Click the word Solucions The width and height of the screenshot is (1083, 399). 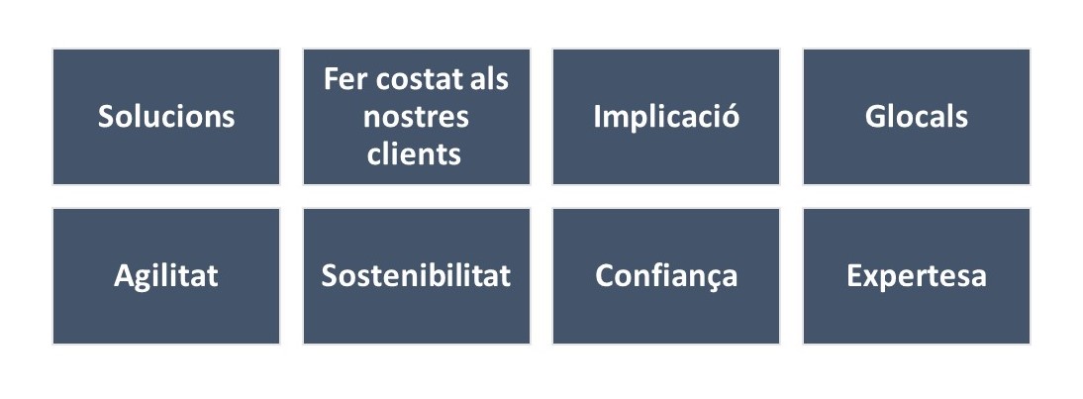tap(165, 117)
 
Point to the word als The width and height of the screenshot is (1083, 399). tap(488, 79)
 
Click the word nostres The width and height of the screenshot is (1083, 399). tap(416, 118)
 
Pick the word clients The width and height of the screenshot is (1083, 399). tap(415, 153)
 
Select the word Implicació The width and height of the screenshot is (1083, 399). tap(666, 117)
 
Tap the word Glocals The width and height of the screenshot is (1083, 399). tap(916, 117)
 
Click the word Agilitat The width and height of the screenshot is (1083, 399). tap(165, 276)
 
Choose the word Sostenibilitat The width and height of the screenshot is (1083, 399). tap(416, 275)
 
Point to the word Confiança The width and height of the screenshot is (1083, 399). tap(666, 277)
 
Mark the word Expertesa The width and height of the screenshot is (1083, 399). tap(917, 277)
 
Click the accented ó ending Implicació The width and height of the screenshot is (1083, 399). tap(731, 117)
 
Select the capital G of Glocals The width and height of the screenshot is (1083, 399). tap(875, 118)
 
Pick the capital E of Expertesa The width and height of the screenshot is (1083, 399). tap(855, 276)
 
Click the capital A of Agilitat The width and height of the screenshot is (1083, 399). tap(125, 276)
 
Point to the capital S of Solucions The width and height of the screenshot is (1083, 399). tap(106, 118)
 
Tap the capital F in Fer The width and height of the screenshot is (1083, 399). tap(332, 80)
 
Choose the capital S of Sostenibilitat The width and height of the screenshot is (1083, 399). tap(330, 276)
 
